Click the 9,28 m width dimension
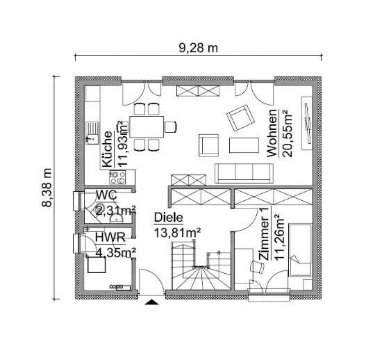tap(199, 48)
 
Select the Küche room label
tap(108, 148)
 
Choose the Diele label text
tap(165, 216)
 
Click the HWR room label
tap(106, 238)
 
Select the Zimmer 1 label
tap(263, 237)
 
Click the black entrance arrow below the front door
tap(150, 302)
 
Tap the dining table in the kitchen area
tap(148, 126)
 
